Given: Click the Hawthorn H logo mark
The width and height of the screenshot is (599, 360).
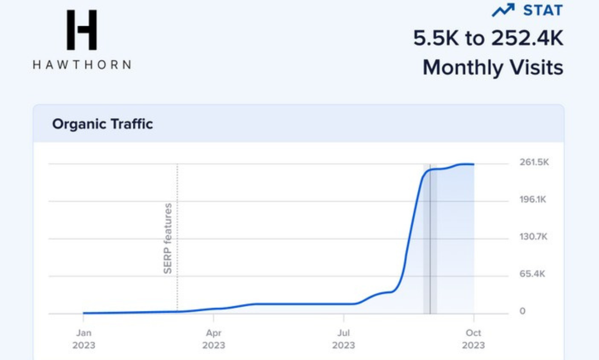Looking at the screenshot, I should coord(81,30).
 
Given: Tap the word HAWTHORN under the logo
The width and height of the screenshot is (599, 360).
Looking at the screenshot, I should coord(82,65).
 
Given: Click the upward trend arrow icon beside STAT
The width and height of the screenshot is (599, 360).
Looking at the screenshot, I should coord(503,10).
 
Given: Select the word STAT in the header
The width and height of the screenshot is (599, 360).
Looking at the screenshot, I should coord(543,10).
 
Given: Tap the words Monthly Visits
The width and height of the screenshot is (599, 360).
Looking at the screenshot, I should coord(493,67).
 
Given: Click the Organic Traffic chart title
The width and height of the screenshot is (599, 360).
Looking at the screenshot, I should coord(102,124).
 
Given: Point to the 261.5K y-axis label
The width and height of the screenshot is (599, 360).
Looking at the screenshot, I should coord(533,163).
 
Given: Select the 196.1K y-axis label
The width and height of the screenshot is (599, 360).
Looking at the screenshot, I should coord(533,200).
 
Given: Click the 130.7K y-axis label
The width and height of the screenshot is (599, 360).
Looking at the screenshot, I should coord(533,237).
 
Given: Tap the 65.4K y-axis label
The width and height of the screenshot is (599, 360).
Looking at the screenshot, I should coord(532,274).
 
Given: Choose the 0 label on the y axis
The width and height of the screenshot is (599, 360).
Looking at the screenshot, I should coord(522,311).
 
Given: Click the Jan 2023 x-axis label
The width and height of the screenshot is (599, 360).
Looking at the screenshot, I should coord(84,339).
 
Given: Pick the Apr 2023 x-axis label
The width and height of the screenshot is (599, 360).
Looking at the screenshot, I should coord(213,339).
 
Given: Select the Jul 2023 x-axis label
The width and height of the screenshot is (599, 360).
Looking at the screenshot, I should coord(343,339).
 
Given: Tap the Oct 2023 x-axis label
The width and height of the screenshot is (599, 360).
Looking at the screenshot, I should coord(474,339).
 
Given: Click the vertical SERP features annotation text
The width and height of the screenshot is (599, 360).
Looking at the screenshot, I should coord(168,238).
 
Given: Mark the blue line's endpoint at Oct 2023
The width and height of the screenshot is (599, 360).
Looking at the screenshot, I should coord(474,164).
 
